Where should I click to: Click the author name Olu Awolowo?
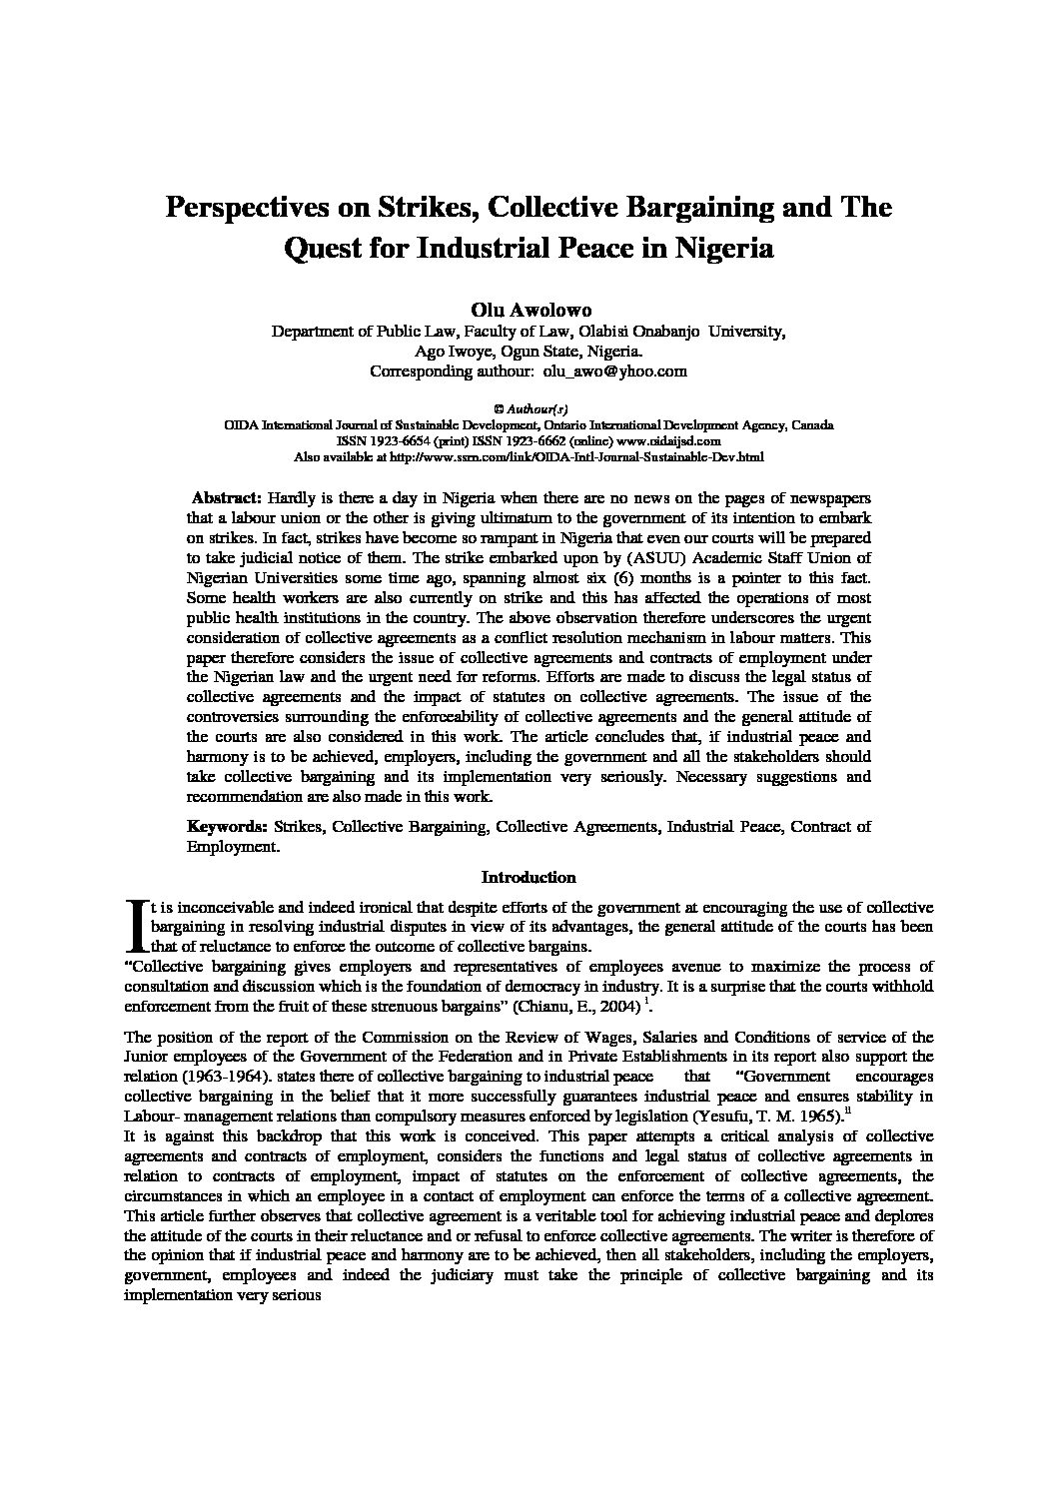[528, 311]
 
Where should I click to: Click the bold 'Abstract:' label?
[227, 497]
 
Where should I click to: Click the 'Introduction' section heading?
[528, 878]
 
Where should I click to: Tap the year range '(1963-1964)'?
[230, 1077]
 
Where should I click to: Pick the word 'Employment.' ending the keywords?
[233, 846]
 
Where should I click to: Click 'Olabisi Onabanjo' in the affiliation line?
[639, 332]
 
